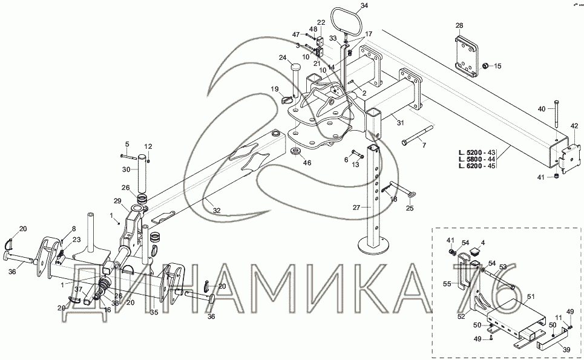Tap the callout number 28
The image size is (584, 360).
[x=459, y=25]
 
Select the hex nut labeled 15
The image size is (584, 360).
[x=485, y=65]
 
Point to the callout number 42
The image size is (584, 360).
[x=574, y=126]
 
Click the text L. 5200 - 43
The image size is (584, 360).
[x=473, y=151]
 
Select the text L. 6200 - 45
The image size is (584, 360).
[x=473, y=166]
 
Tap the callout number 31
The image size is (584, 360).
[x=399, y=123]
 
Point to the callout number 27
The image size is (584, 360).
[x=357, y=207]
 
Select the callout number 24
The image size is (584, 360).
[x=282, y=58]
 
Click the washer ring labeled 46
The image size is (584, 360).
[x=296, y=150]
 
